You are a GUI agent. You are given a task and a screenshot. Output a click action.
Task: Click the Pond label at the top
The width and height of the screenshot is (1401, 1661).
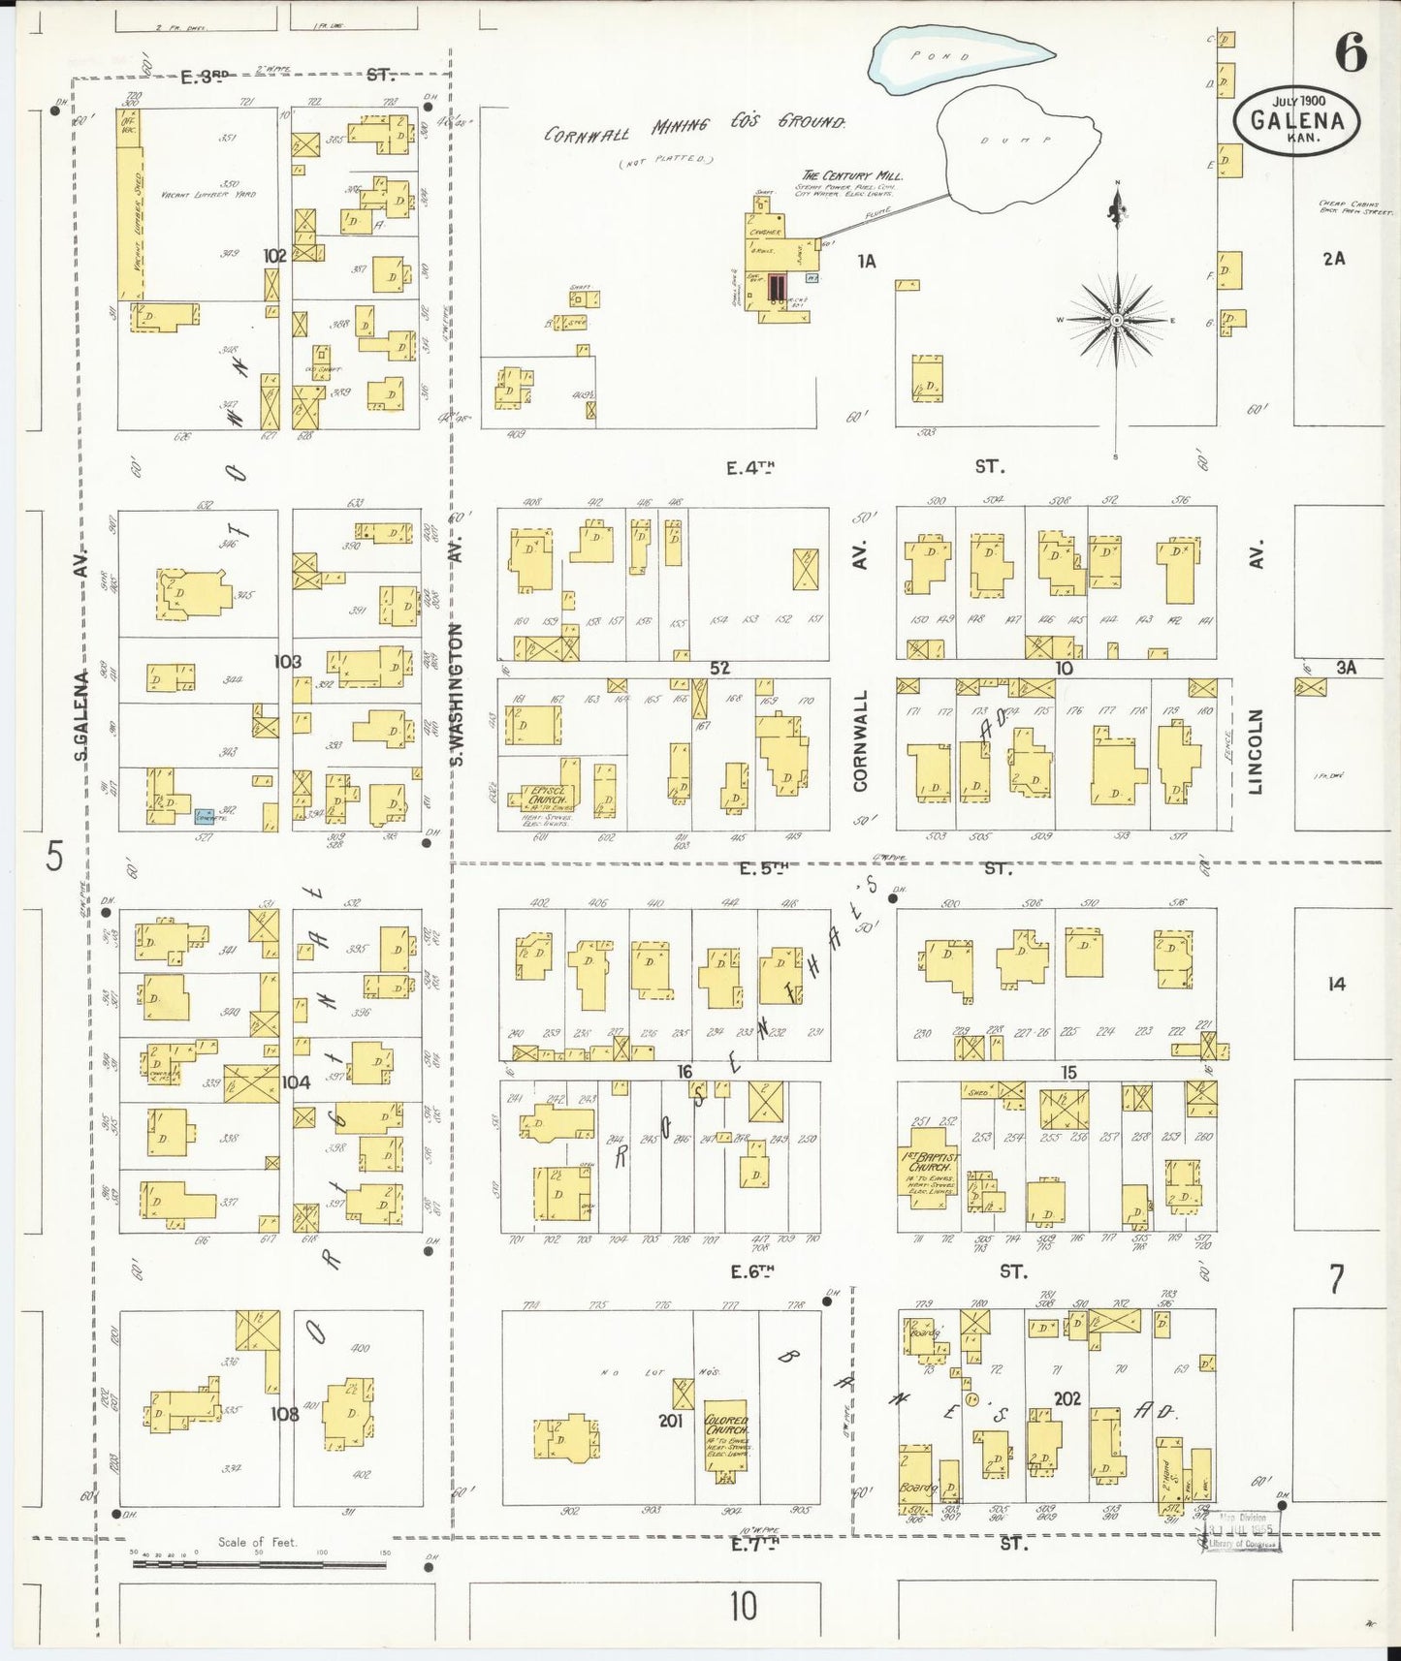tap(939, 56)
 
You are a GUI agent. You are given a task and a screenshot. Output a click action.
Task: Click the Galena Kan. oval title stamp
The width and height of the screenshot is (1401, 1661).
tap(1296, 120)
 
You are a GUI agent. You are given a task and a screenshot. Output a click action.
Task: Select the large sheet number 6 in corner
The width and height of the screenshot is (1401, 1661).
tap(1351, 52)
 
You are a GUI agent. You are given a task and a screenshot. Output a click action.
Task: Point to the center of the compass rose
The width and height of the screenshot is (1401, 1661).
tap(1117, 320)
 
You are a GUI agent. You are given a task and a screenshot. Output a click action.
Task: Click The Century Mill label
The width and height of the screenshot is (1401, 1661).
tap(852, 175)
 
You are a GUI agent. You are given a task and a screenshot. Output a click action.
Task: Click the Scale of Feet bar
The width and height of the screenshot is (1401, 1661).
tap(259, 1563)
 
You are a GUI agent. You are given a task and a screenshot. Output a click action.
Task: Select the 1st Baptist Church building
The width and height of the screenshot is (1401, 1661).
tap(929, 1166)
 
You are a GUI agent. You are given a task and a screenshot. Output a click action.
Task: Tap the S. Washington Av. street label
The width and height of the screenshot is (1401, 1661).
tap(457, 694)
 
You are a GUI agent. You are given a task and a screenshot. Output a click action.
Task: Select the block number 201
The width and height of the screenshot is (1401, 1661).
tap(671, 1421)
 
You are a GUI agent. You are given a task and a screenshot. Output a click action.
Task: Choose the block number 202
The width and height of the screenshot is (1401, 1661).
tap(1067, 1398)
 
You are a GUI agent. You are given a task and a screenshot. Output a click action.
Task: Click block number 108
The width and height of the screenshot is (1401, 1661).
tap(284, 1413)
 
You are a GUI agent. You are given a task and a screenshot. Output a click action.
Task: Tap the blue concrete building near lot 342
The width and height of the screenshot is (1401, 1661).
tap(205, 817)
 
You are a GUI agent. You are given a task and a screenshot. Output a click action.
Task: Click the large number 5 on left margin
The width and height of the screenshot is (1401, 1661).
tap(54, 856)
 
